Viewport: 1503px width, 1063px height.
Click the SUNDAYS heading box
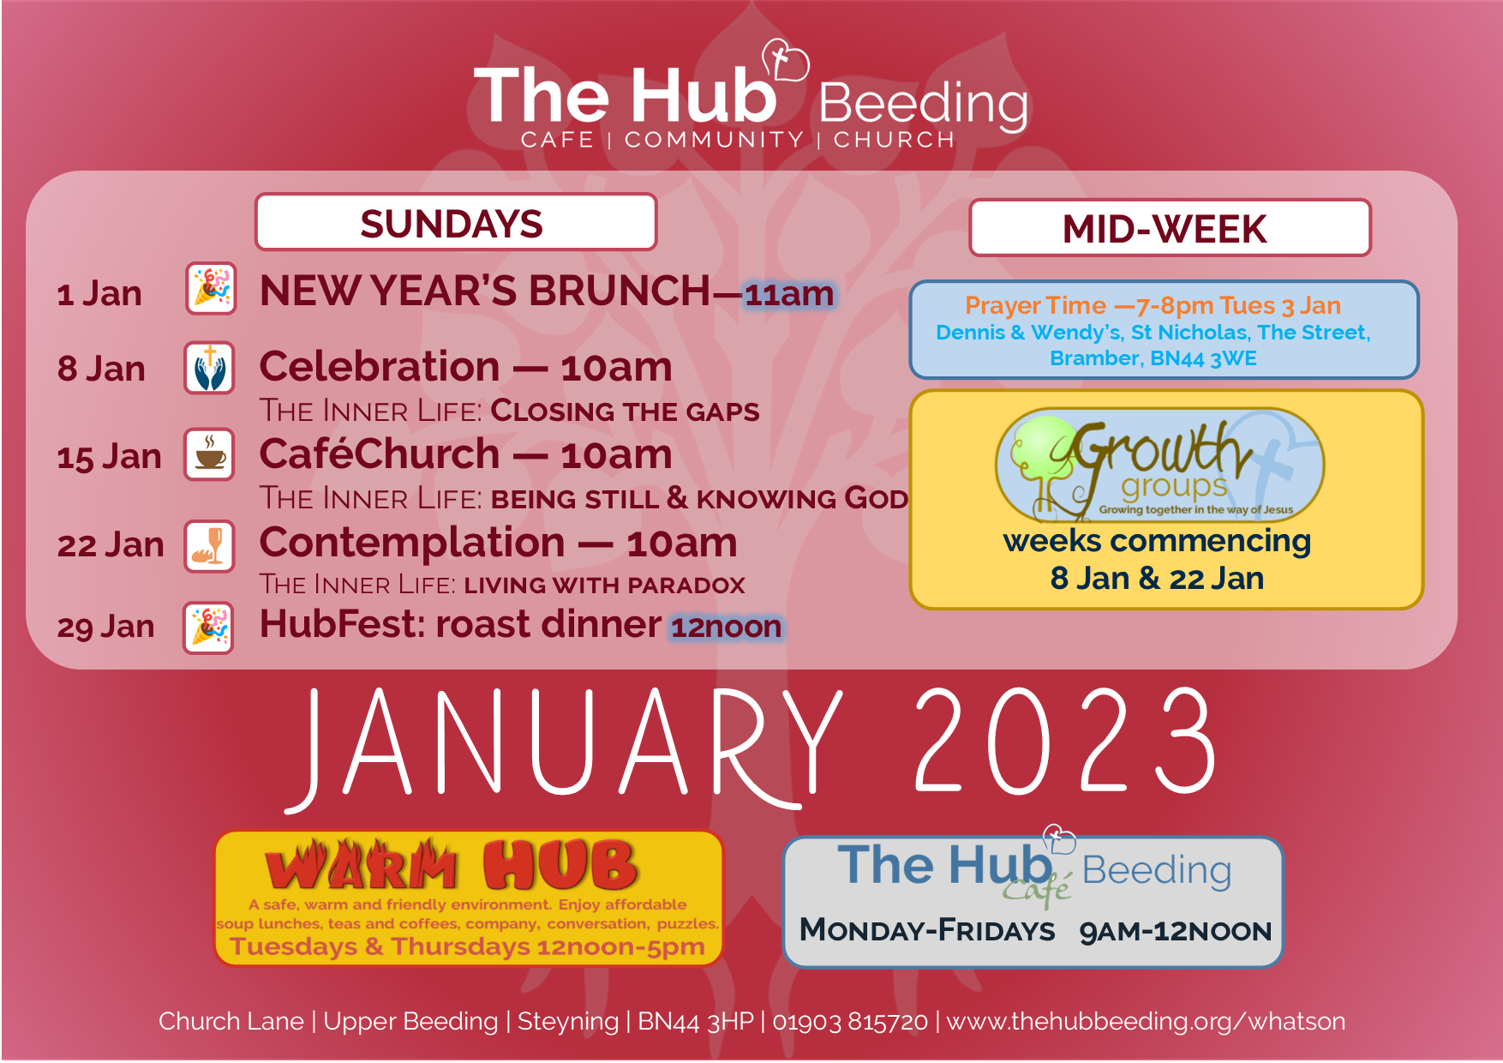click(x=456, y=223)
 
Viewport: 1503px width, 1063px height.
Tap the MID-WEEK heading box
click(x=1170, y=228)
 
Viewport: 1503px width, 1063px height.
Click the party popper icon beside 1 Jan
click(x=211, y=289)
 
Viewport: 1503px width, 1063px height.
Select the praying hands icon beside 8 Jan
click(x=209, y=368)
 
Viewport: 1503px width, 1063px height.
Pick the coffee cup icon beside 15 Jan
click(x=209, y=454)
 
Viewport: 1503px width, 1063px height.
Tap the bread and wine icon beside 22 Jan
click(x=209, y=546)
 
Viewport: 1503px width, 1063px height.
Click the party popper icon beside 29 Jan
click(x=208, y=628)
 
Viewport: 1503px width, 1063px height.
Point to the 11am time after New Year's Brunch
click(x=789, y=294)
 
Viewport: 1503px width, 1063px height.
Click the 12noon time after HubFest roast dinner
click(x=726, y=627)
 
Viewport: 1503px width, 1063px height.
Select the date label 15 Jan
click(x=109, y=457)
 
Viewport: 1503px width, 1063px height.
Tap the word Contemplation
click(x=412, y=543)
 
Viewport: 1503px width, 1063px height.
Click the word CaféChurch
click(x=380, y=453)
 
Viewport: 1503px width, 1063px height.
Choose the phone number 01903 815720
click(x=850, y=1021)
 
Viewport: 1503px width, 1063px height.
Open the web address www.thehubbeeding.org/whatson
click(x=1146, y=1021)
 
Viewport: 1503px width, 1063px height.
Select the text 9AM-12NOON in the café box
click(x=1176, y=931)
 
